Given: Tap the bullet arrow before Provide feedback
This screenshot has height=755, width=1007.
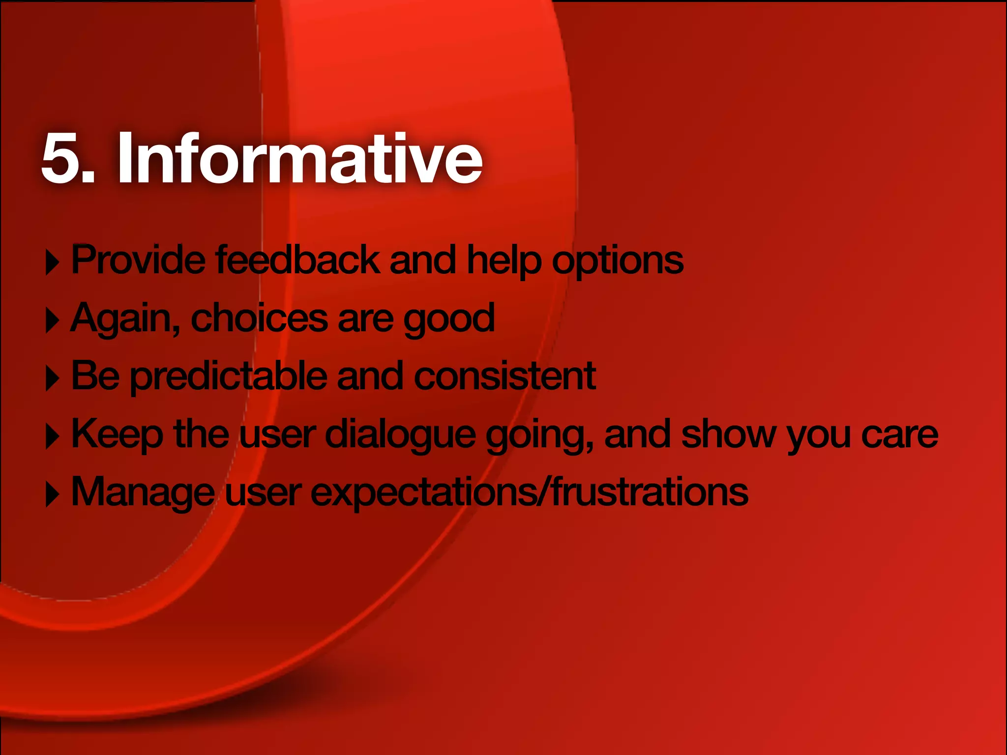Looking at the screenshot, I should [52, 262].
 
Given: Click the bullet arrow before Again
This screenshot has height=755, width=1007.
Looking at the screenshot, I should [52, 320].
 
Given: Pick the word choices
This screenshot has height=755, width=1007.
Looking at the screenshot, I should [259, 318].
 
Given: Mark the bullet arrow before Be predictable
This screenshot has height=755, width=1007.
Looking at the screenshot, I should [52, 378].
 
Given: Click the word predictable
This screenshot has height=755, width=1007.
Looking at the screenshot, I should [229, 377].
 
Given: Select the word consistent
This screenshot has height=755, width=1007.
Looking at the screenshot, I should [505, 376].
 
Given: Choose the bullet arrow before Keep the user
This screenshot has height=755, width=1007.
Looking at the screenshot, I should [52, 436].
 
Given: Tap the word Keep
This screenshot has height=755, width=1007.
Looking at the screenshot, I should [117, 435].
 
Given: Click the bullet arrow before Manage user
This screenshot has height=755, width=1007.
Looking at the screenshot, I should [52, 494].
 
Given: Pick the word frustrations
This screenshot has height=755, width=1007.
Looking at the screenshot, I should [649, 492].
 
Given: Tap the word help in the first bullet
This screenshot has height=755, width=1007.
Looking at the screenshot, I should [503, 261].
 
